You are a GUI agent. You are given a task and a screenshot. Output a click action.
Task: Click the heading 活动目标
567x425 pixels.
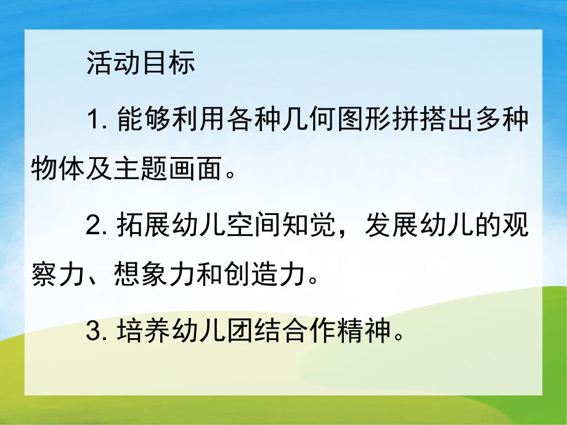pos(141,62)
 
